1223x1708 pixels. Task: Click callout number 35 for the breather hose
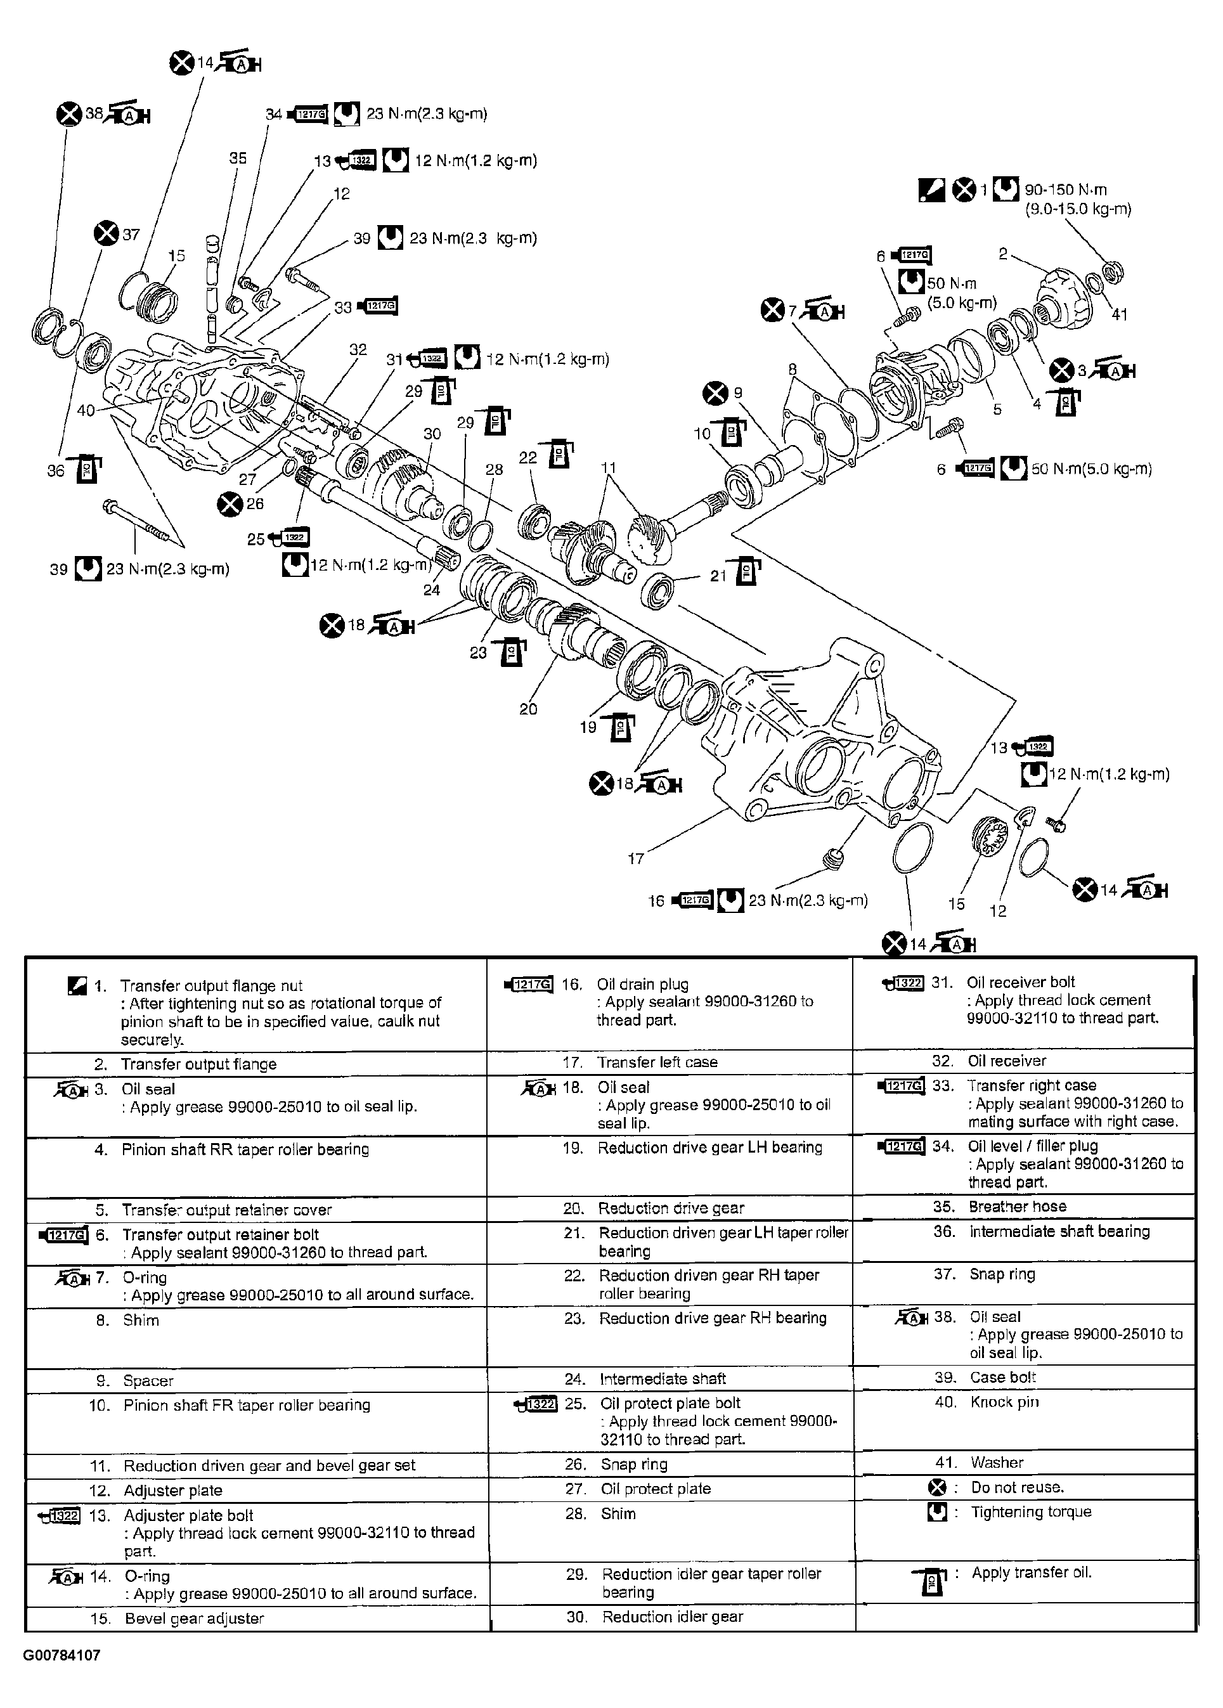(238, 158)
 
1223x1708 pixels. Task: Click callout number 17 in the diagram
(636, 858)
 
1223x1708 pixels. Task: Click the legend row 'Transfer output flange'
(199, 1064)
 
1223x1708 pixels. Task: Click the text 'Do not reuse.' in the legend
(1017, 1487)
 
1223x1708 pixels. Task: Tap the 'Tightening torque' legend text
(1030, 1511)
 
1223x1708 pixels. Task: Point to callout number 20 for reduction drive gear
(528, 709)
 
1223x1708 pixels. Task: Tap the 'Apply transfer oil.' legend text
(1030, 1572)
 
